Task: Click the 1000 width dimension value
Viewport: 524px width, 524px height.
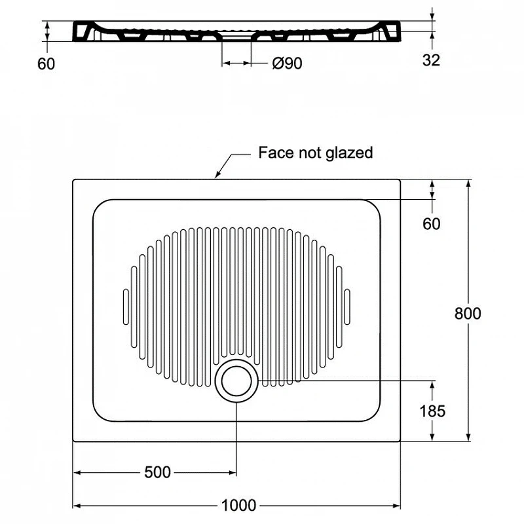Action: [238, 505]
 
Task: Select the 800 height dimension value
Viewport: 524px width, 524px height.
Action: [468, 314]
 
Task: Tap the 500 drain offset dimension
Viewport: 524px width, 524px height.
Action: [157, 472]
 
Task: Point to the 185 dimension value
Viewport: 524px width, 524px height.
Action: [432, 411]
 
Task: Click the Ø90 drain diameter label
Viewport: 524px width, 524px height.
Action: [287, 63]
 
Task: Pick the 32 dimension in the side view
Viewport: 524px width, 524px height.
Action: [431, 60]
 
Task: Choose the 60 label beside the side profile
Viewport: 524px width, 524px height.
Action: [46, 64]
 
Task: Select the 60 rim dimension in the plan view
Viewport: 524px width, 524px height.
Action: [432, 223]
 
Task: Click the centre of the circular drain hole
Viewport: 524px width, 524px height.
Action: [236, 381]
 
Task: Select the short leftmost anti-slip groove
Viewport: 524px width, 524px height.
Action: [126, 307]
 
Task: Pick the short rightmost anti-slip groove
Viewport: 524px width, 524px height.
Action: [347, 307]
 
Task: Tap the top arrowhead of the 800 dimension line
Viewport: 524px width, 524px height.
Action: [468, 184]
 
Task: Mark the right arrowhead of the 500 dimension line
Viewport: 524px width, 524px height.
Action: [233, 472]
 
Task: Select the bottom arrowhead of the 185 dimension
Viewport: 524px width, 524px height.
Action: [432, 437]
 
